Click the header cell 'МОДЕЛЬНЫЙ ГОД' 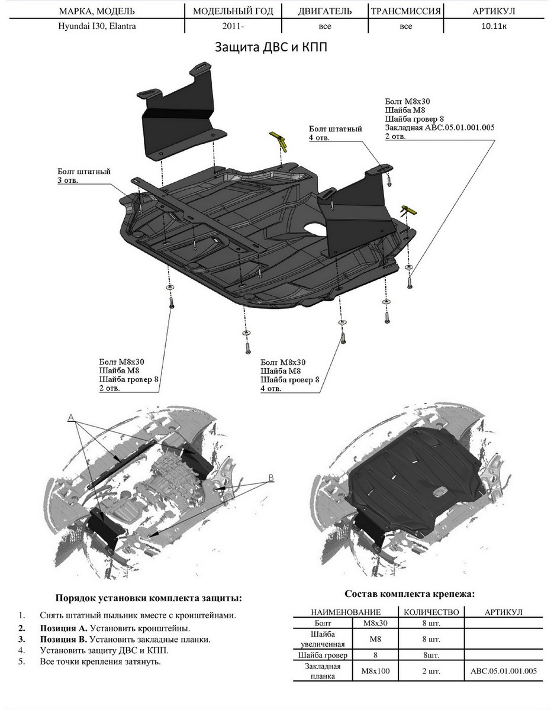[x=233, y=11]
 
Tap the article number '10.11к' [x=492, y=27]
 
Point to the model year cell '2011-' [x=233, y=27]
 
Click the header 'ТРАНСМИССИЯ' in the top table [x=405, y=11]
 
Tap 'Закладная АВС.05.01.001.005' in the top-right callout [x=439, y=127]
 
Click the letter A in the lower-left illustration [x=70, y=418]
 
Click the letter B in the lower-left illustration [x=271, y=477]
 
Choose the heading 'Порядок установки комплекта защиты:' [x=148, y=598]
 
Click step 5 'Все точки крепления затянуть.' [x=101, y=661]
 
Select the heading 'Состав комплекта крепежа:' [x=410, y=593]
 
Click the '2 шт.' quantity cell [x=431, y=672]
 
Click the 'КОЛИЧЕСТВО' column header [x=431, y=612]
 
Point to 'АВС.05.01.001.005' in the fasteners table [x=503, y=672]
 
